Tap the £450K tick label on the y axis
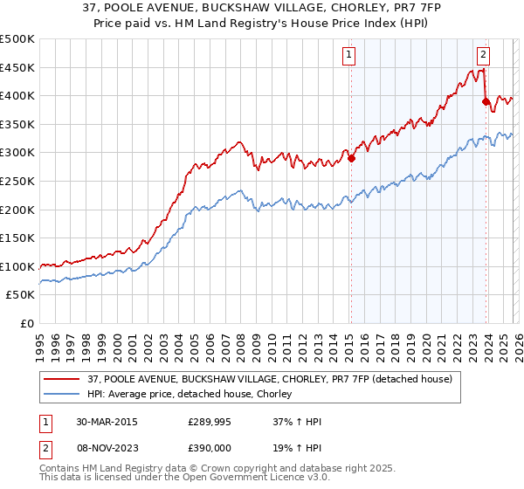[x=17, y=67]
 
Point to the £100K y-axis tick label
[x=17, y=266]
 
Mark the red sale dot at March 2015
[x=351, y=159]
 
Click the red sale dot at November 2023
[x=486, y=102]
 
